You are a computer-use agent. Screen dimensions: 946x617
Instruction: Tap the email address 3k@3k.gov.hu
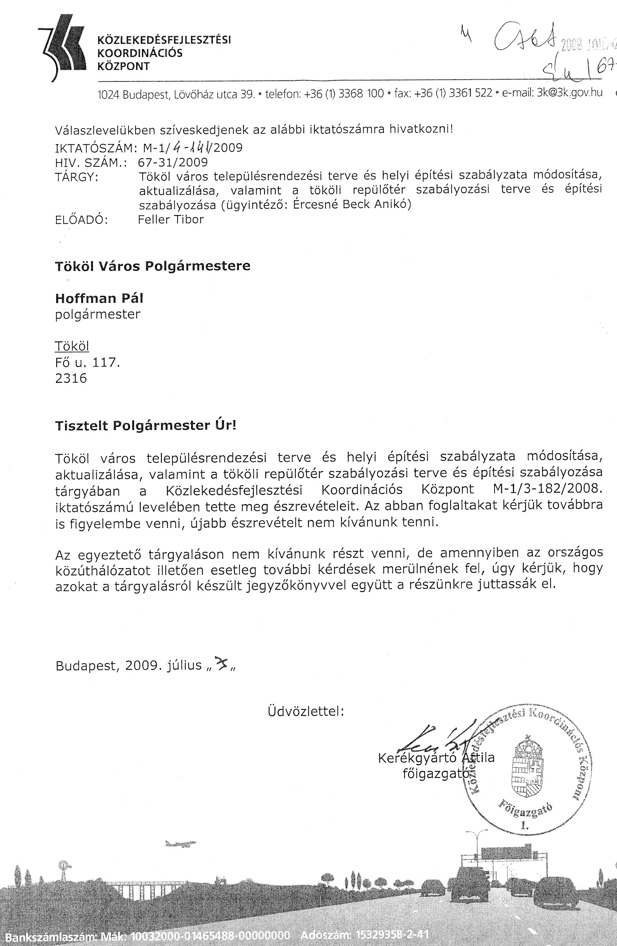tap(569, 93)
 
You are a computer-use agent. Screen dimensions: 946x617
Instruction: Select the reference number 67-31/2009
tap(172, 162)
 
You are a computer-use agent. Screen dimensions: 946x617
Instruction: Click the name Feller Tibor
tap(170, 220)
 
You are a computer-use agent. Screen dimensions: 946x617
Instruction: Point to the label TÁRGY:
tap(77, 177)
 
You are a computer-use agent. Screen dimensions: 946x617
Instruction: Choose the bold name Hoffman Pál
tap(99, 298)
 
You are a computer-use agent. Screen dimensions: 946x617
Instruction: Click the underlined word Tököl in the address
tap(72, 346)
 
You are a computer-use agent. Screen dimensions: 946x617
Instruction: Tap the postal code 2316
tap(71, 378)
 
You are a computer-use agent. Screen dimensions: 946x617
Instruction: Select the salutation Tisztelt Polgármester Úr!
tap(145, 426)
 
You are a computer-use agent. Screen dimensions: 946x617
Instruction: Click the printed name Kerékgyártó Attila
tap(436, 758)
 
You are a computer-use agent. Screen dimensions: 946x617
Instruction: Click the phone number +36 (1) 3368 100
tap(344, 94)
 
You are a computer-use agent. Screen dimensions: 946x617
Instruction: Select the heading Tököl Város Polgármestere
tap(152, 266)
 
